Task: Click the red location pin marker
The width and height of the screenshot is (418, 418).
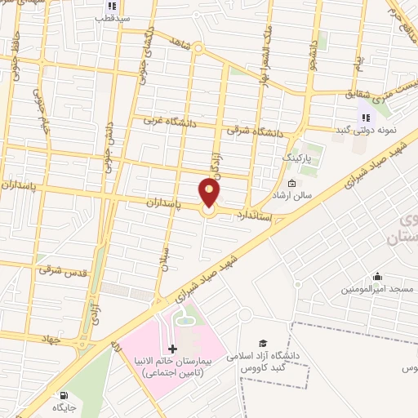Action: click(210, 193)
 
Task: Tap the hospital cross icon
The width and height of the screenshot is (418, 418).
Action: click(171, 349)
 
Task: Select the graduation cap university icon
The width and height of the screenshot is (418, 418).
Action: click(262, 344)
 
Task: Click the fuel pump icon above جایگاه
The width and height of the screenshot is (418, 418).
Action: click(59, 392)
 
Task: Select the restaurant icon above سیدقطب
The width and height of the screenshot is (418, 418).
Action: click(104, 4)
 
